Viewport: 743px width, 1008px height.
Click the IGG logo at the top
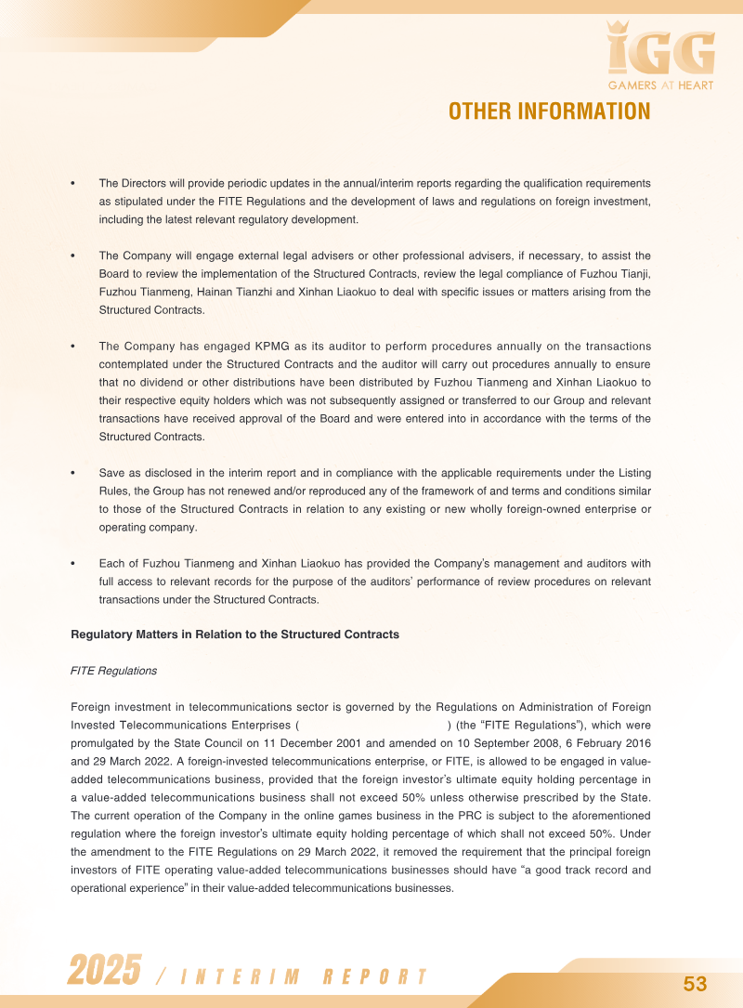(660, 51)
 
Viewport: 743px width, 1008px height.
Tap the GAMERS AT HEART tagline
(661, 85)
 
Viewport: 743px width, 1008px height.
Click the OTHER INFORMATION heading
(549, 111)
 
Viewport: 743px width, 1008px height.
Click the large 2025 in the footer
(104, 972)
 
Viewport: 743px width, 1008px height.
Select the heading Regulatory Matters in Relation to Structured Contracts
(235, 635)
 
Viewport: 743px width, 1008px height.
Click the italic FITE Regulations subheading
(113, 671)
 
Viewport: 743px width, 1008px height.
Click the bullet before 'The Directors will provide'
(73, 184)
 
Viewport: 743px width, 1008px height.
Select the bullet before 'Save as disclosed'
(73, 473)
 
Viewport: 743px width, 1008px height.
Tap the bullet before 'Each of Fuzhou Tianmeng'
(73, 564)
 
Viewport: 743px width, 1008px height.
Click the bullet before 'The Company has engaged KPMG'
(73, 347)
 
